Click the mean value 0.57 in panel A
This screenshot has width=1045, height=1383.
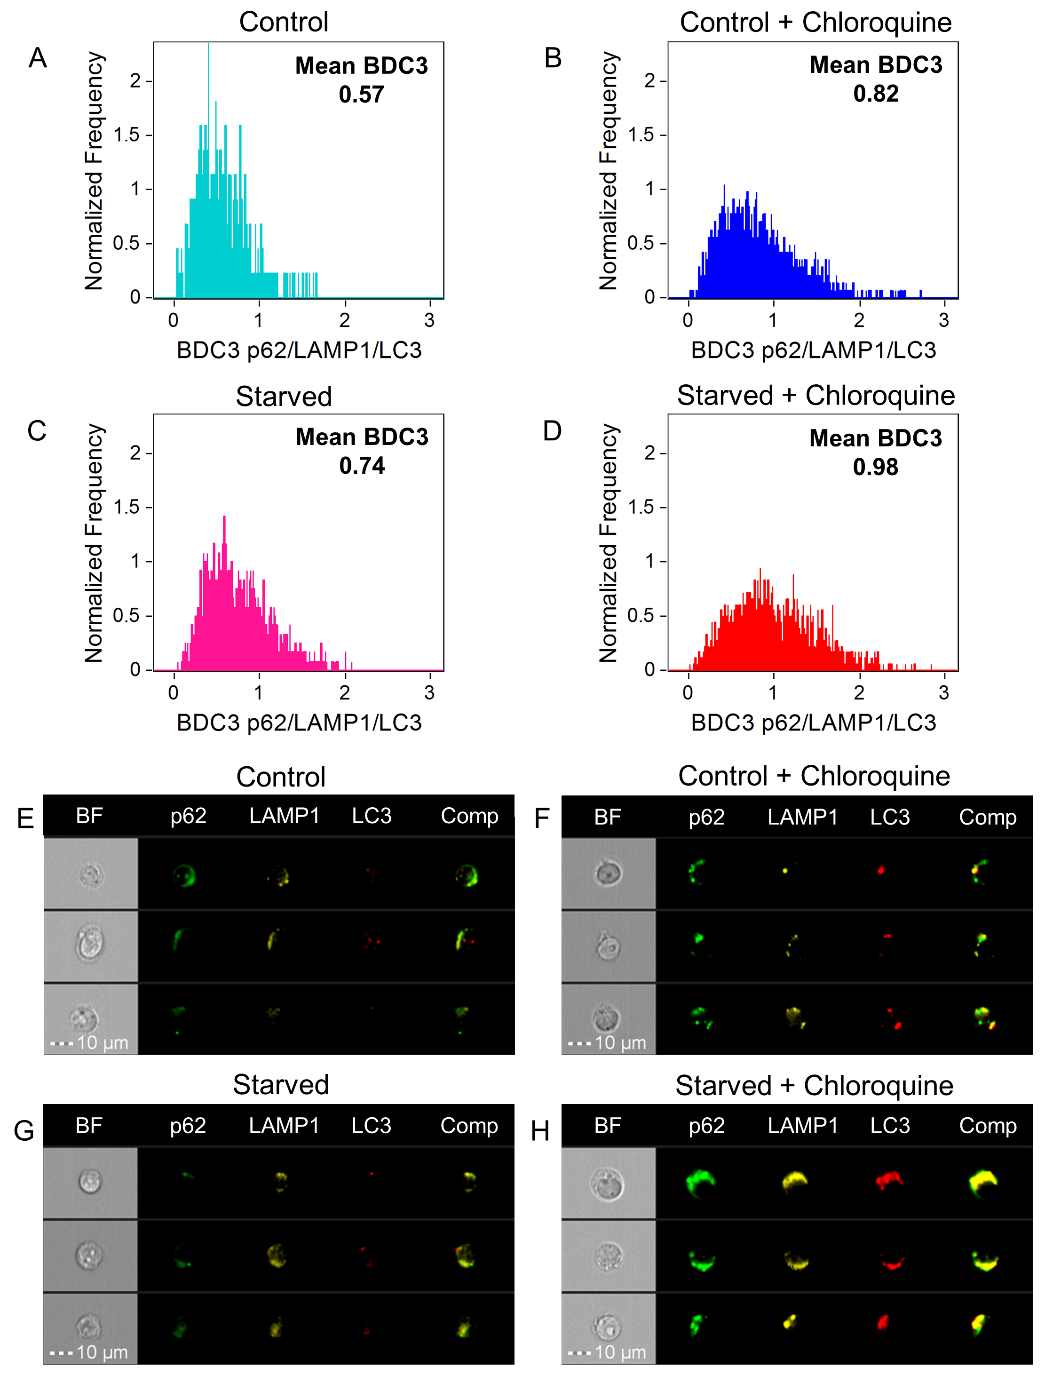coord(361,95)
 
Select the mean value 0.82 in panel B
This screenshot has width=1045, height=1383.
coord(875,94)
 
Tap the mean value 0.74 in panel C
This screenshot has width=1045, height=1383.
coord(361,466)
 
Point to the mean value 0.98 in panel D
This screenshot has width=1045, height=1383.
coord(875,467)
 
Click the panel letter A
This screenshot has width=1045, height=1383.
coord(38,58)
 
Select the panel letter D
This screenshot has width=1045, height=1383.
coord(552,431)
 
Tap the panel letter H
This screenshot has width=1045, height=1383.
coord(540,1130)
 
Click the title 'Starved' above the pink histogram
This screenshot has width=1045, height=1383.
coord(283,397)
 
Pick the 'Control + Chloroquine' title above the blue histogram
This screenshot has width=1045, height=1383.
coord(815,23)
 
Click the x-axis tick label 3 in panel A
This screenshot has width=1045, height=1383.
coord(429,320)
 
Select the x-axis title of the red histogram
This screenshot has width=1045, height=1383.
coord(813,723)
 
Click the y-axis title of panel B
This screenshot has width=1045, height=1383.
coord(608,171)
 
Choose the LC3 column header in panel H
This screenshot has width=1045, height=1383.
coord(889,1125)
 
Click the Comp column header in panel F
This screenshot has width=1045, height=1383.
coord(988,817)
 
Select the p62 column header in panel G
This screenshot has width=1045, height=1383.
coord(188,1125)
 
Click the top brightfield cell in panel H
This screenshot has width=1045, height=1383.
coord(607,1183)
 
